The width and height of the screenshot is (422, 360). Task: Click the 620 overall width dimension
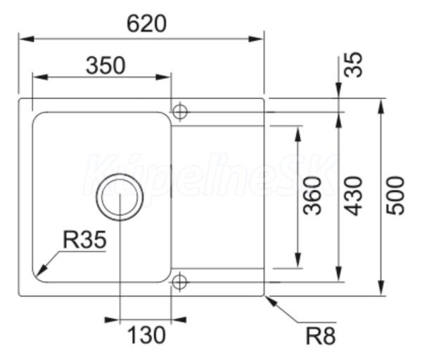tap(147, 24)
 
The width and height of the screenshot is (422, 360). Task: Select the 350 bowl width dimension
tap(105, 65)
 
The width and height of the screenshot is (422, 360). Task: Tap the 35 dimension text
tap(354, 65)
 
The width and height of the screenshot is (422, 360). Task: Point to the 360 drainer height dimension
tap(312, 195)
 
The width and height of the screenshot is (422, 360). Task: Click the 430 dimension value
tap(354, 195)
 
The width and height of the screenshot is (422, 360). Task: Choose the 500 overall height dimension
tap(395, 195)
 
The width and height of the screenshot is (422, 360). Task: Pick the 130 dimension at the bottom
tap(146, 335)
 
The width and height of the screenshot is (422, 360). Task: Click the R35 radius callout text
tap(85, 240)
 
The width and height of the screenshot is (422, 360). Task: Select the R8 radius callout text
tap(321, 336)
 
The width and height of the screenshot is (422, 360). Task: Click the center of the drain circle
tap(120, 197)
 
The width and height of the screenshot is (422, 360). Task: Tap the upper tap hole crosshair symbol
tap(180, 112)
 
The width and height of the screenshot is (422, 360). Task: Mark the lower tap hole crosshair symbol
tap(179, 282)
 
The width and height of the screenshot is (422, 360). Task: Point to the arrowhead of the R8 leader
tap(271, 301)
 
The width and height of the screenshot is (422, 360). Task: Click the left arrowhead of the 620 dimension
tap(27, 39)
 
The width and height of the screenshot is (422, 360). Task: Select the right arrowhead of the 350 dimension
tap(163, 77)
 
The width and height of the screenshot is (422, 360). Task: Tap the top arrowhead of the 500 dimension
tap(381, 106)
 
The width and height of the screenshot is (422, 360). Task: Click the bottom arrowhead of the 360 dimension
tap(298, 260)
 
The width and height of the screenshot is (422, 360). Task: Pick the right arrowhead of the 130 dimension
tap(179, 320)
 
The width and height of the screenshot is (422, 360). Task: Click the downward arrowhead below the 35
tap(338, 91)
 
